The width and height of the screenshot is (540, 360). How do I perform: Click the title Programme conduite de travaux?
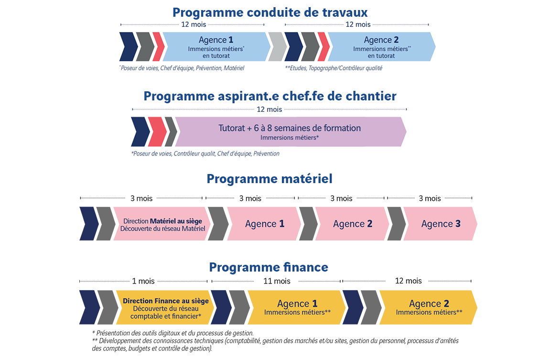tap(270, 13)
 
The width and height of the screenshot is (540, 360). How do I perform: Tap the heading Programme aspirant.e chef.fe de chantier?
tap(270, 97)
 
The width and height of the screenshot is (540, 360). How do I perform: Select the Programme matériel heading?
tap(270, 179)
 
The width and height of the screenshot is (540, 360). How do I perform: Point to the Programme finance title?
tap(269, 267)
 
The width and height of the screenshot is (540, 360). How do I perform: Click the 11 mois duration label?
tap(277, 281)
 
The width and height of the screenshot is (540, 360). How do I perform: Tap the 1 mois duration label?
tap(143, 281)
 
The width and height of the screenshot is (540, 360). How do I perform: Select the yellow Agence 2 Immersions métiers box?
tap(429, 307)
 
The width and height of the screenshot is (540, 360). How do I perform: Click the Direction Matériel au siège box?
tap(162, 224)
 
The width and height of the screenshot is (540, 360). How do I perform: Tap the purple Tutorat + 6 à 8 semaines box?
tap(290, 131)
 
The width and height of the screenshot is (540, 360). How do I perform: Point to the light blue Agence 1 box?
tap(216, 47)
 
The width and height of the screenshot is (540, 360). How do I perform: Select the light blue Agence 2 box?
tap(381, 47)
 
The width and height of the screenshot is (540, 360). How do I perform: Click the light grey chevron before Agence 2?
tap(277, 47)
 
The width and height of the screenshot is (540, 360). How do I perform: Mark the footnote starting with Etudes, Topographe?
tap(334, 68)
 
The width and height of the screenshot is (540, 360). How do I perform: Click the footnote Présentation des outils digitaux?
tap(173, 333)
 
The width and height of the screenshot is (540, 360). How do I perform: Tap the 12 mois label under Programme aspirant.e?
tap(270, 109)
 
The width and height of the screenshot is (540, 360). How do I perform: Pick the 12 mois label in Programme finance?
tap(408, 281)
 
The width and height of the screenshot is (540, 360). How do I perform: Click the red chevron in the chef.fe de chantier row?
tap(157, 131)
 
